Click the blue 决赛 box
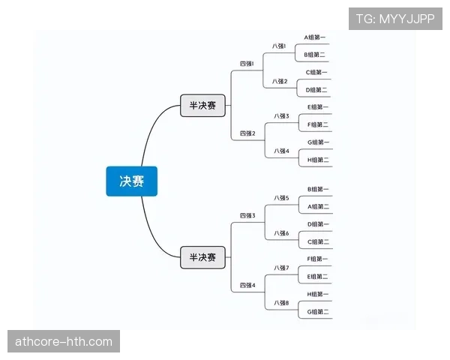pyautogui.click(x=132, y=181)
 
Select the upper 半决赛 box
pyautogui.click(x=202, y=105)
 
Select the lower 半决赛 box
pyautogui.click(x=202, y=257)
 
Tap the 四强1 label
pyautogui.click(x=247, y=64)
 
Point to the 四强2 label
pyautogui.click(x=247, y=133)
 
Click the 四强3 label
pyautogui.click(x=247, y=215)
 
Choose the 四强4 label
pyautogui.click(x=247, y=285)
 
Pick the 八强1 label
pyautogui.click(x=279, y=46)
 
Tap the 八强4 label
pyautogui.click(x=281, y=151)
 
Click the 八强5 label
pyautogui.click(x=281, y=198)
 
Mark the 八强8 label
pyautogui.click(x=281, y=303)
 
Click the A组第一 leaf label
pyautogui.click(x=314, y=37)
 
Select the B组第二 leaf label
pyautogui.click(x=314, y=55)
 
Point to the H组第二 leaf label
pyautogui.click(x=318, y=160)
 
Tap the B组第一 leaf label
pyautogui.click(x=318, y=189)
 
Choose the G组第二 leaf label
pyautogui.click(x=318, y=312)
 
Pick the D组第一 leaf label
pyautogui.click(x=318, y=224)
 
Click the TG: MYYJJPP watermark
pyautogui.click(x=395, y=19)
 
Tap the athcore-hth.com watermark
pyautogui.click(x=64, y=341)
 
